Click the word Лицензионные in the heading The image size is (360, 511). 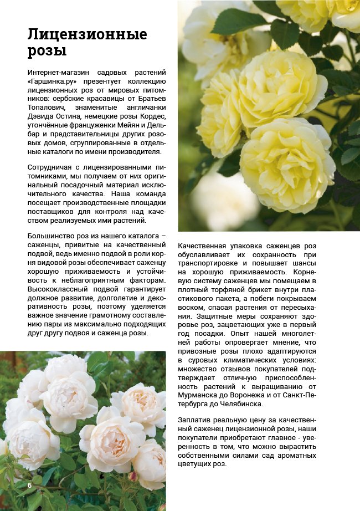[x=88, y=35]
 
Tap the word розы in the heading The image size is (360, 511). [x=47, y=52]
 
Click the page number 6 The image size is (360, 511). [x=29, y=485]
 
